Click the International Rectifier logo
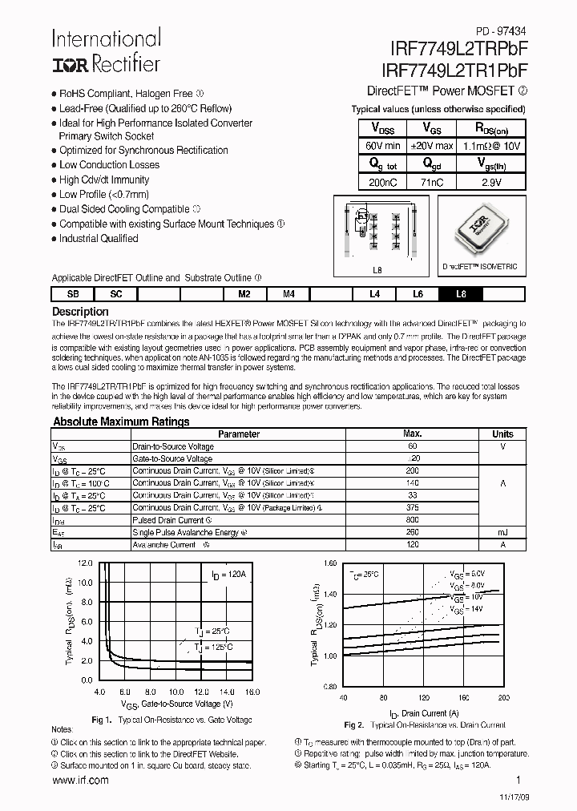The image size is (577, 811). [106, 50]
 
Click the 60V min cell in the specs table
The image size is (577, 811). [382, 146]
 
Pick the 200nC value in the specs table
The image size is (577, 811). [382, 182]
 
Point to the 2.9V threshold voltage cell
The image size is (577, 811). [490, 182]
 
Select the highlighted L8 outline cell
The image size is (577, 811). [460, 294]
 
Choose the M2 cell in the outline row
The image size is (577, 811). [244, 294]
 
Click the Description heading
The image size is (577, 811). [80, 311]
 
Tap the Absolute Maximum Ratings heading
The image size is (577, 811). [121, 422]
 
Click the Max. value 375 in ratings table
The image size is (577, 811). [413, 507]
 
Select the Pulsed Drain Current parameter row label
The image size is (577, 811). [167, 520]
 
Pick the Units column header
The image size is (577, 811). [502, 434]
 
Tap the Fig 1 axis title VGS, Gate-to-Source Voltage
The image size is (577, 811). [177, 704]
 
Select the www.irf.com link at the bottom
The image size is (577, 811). [80, 780]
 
